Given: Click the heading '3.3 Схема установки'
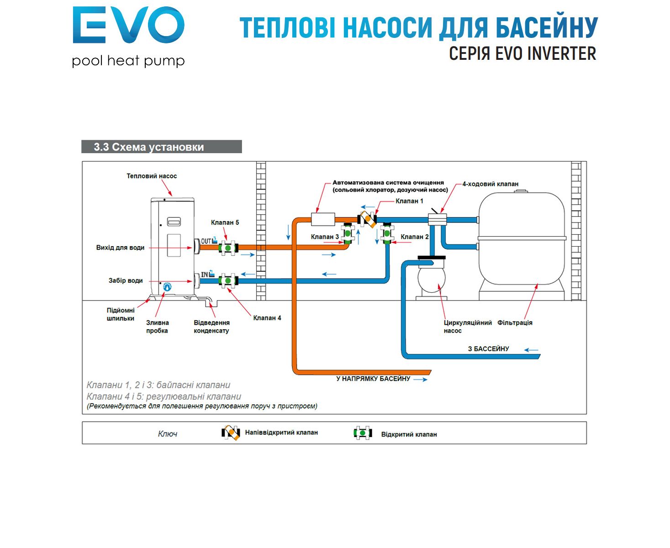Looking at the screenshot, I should pyautogui.click(x=149, y=147).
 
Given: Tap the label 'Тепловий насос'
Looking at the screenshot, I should pyautogui.click(x=152, y=176).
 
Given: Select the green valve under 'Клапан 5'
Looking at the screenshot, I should pyautogui.click(x=227, y=248).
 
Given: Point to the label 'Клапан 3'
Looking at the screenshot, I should pyautogui.click(x=325, y=237).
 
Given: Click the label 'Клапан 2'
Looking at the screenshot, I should pyautogui.click(x=414, y=237).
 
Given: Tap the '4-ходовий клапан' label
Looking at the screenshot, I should pyautogui.click(x=490, y=184).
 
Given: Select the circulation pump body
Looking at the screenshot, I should pyautogui.click(x=431, y=279).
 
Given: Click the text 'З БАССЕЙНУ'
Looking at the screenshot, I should pyautogui.click(x=488, y=349).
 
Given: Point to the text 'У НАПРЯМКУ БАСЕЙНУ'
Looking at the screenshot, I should pyautogui.click(x=373, y=379).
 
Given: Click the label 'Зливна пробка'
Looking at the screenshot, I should pyautogui.click(x=157, y=327).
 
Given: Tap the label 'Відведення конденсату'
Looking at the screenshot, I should pyautogui.click(x=211, y=327).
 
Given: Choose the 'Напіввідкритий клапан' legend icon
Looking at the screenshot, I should pyautogui.click(x=231, y=432).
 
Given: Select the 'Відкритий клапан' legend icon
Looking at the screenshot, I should pyautogui.click(x=363, y=433).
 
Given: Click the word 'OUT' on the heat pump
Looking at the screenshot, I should pyautogui.click(x=206, y=241).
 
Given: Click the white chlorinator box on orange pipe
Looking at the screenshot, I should pyautogui.click(x=323, y=219).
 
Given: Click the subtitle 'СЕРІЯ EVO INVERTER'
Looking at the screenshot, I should pyautogui.click(x=522, y=54).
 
